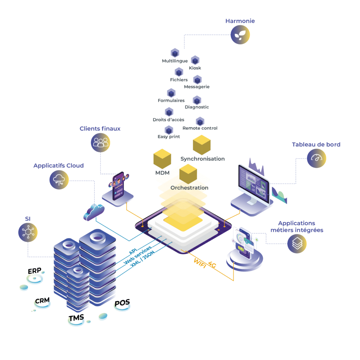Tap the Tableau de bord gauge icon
click(316, 158)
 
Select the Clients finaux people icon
click(101, 142)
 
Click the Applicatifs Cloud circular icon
click(59, 180)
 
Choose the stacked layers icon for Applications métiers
click(297, 243)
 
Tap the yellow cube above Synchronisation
click(202, 144)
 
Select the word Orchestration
click(189, 188)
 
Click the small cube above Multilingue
click(175, 53)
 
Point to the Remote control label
click(200, 128)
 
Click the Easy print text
click(169, 137)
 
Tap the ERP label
click(34, 271)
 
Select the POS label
click(122, 303)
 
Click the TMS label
click(76, 318)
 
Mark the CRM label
click(43, 301)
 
